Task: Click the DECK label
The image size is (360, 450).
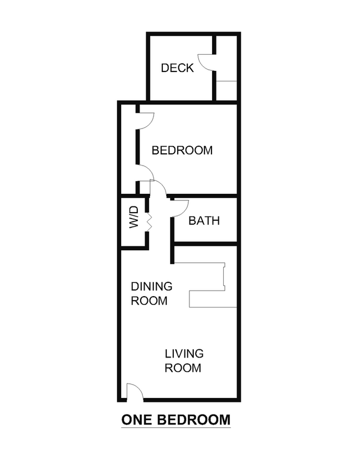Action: [177, 68]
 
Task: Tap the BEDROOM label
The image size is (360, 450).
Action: [182, 151]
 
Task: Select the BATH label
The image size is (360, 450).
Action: [204, 221]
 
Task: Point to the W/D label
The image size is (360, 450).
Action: [134, 218]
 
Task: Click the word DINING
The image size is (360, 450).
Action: [152, 286]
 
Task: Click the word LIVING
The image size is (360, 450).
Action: [184, 354]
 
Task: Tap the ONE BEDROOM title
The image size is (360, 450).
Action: [176, 420]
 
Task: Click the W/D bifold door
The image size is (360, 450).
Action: [149, 222]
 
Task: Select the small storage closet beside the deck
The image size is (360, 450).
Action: [226, 68]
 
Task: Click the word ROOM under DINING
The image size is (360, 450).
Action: [149, 301]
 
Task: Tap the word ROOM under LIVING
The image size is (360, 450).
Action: [183, 368]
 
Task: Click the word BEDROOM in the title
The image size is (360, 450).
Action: [194, 420]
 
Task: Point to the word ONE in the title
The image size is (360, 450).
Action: [137, 420]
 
